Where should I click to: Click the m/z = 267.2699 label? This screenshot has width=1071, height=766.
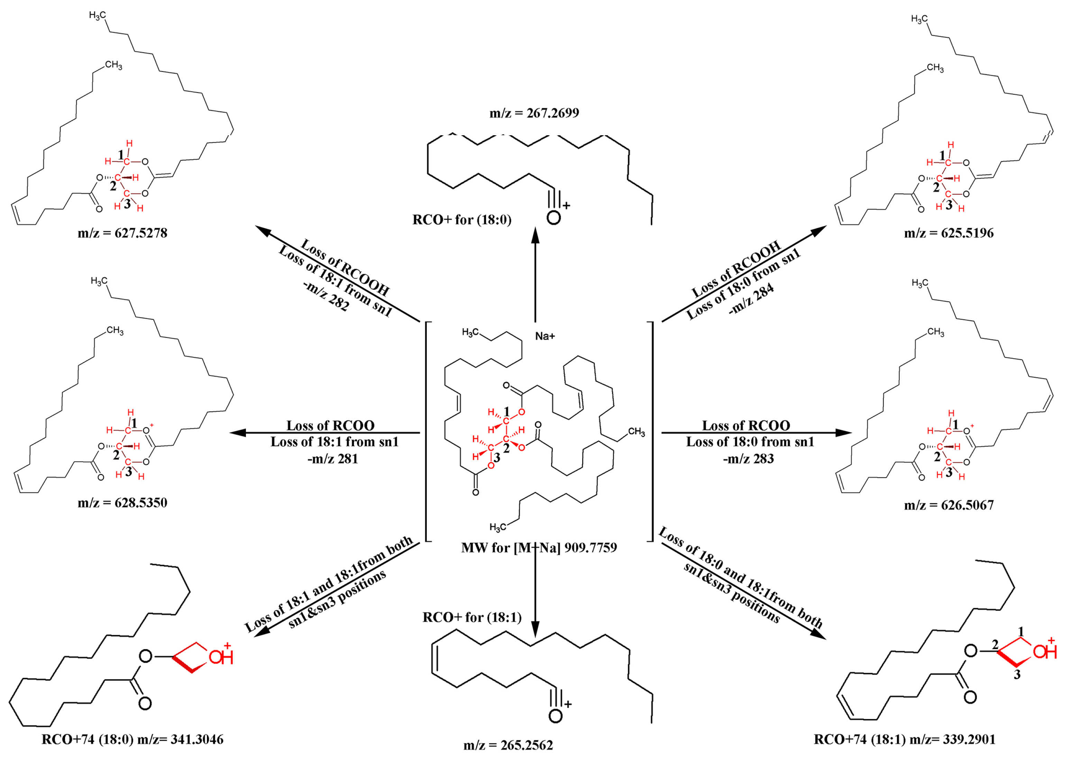coord(534,113)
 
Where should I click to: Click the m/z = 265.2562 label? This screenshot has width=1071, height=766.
coord(508,745)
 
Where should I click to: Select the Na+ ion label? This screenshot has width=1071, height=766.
coord(544,336)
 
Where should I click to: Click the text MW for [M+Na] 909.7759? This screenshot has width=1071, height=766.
coord(539,548)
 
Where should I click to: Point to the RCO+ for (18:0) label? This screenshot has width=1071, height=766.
coord(461,220)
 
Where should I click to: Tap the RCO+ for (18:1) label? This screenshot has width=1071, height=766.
coord(472,617)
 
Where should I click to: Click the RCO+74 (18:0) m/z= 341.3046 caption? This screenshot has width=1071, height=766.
coord(132,739)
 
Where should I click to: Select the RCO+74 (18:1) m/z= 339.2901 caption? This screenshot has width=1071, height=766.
coord(905,739)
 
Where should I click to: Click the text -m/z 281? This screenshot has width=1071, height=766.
coord(333,459)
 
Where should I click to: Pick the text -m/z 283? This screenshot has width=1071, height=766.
coord(748,459)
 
